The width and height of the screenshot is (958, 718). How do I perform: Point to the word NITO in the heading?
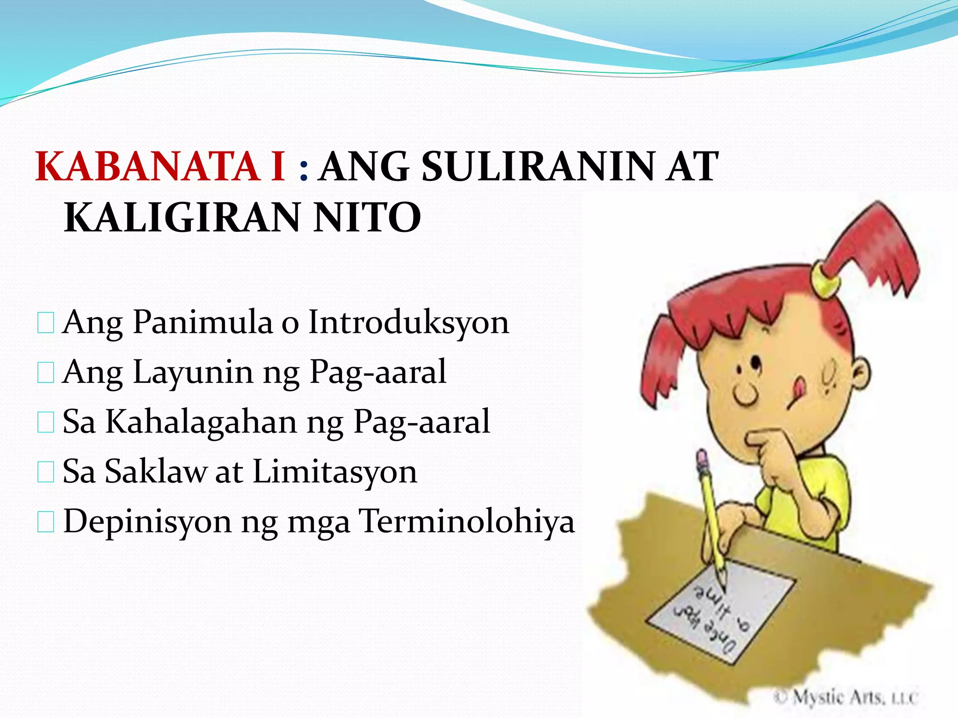367,218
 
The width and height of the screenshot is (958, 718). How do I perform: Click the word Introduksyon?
408,323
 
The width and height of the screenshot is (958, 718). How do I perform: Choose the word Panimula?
202,323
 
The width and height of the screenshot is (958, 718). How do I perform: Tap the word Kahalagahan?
202,422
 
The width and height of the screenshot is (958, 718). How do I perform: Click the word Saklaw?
156,472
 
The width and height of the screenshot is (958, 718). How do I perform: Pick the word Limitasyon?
335,472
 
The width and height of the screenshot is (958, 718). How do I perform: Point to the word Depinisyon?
147,521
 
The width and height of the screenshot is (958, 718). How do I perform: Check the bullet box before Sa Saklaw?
45,473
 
